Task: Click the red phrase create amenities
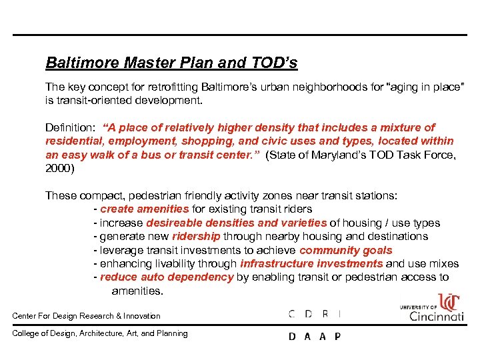pos(144,209)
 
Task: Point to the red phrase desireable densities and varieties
pos(237,223)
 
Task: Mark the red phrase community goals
pos(346,251)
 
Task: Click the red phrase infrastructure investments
pos(311,264)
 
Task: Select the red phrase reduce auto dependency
pos(167,277)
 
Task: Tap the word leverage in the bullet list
pos(121,251)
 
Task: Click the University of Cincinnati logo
pos(433,307)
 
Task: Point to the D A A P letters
pos(315,337)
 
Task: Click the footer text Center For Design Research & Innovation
pos(87,316)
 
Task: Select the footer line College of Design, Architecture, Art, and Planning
pos(100,333)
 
